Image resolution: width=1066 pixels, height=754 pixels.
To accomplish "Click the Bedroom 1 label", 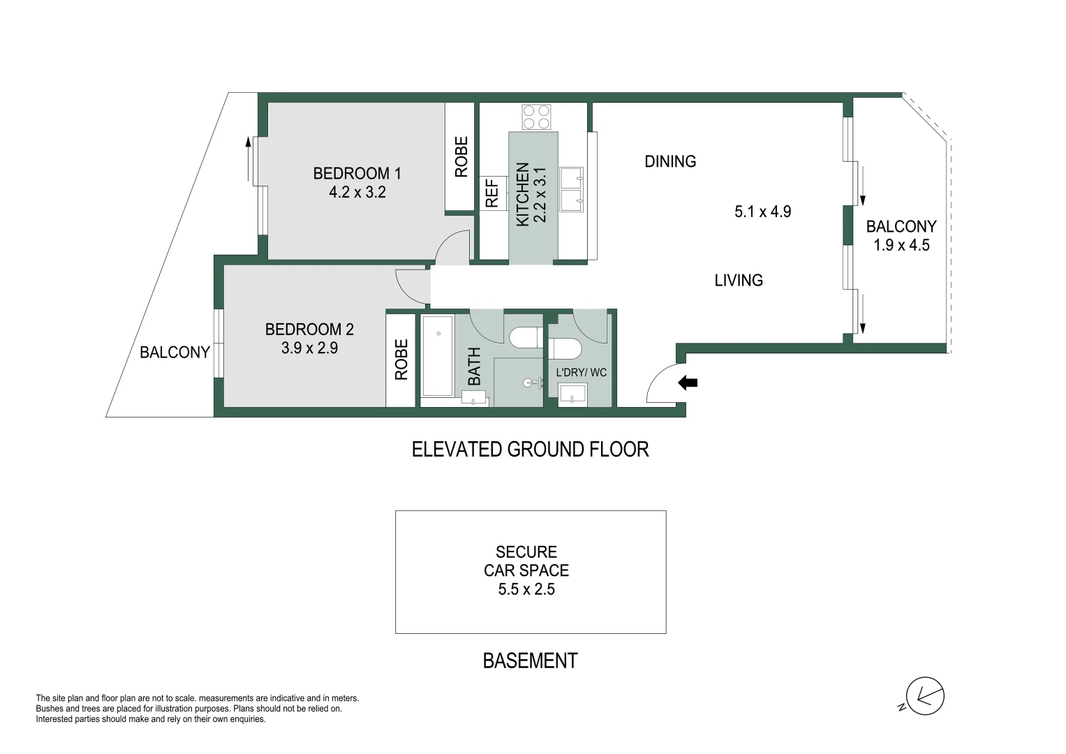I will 357,173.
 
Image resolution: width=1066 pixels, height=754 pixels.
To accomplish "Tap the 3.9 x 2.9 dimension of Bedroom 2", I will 309,348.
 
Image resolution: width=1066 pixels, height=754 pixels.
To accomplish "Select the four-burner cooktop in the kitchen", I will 536,117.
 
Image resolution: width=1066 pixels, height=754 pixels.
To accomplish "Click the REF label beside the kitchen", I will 492,193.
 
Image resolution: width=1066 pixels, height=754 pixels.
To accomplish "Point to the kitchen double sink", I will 571,188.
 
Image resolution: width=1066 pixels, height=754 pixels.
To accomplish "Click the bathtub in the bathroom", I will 438,355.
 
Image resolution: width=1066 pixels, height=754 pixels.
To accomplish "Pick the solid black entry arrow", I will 688,383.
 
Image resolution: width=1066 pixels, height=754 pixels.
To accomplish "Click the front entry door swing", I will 662,385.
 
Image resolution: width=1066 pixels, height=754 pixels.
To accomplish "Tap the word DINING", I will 670,161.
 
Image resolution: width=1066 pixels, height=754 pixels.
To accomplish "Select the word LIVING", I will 738,280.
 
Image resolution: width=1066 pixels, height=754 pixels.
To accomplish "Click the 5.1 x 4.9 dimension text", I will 762,212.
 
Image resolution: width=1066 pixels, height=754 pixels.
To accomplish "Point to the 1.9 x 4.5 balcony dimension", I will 901,245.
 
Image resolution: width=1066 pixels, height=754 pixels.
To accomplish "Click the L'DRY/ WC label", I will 581,373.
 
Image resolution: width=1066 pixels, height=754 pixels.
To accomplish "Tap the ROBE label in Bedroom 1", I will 461,157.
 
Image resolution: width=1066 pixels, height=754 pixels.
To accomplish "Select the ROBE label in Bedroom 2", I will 401,360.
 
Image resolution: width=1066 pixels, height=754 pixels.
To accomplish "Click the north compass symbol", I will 924,696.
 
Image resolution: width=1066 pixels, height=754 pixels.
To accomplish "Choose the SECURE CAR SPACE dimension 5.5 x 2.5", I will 526,589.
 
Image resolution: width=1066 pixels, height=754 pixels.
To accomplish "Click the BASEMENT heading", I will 530,660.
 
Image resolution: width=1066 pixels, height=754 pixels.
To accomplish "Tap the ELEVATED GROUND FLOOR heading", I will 530,449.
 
